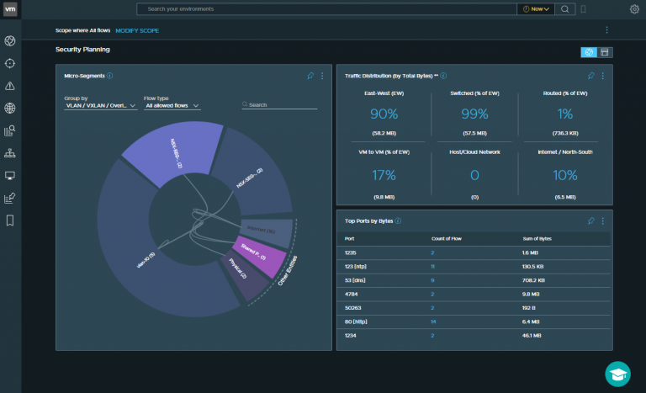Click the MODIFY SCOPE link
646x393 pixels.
tap(137, 30)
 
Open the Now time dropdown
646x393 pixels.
tap(535, 9)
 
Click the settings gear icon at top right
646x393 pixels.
tap(634, 9)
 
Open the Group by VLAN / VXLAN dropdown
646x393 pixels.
tap(100, 106)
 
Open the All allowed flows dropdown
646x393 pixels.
tap(172, 106)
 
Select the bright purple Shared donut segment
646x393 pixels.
tap(259, 256)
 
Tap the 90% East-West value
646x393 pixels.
tap(383, 114)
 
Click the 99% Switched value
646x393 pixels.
tap(474, 114)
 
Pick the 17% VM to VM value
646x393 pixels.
tap(383, 175)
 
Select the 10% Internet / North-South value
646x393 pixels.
tap(565, 175)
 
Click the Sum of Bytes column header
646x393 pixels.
tap(539, 238)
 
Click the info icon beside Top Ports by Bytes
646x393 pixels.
tap(399, 220)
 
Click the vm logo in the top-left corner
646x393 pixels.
tap(10, 9)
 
